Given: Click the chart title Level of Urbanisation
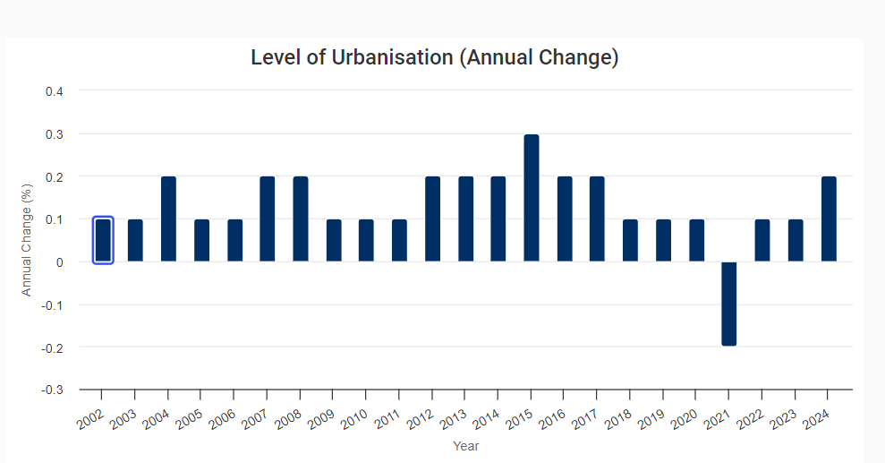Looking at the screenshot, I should click(x=435, y=58).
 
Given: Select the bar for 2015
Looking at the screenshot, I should click(x=532, y=198).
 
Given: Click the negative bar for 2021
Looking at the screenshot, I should click(x=729, y=304).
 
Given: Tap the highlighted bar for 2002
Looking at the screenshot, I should click(x=103, y=240).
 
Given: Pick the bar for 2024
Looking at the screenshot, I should click(x=829, y=219).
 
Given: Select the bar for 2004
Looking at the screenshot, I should click(x=168, y=219).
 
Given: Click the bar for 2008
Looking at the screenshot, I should click(x=301, y=219).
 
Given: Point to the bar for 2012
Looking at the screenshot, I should click(x=432, y=219).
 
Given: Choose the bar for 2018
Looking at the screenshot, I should click(x=630, y=240).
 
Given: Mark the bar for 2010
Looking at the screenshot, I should click(x=366, y=240).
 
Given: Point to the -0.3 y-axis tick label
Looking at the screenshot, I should click(x=53, y=390).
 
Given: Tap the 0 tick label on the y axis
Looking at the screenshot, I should click(x=60, y=262).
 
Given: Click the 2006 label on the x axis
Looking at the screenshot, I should click(x=224, y=416).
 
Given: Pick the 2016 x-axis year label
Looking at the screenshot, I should click(x=554, y=416).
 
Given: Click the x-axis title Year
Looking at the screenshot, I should click(x=465, y=445).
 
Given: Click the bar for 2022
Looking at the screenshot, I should click(x=762, y=240).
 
